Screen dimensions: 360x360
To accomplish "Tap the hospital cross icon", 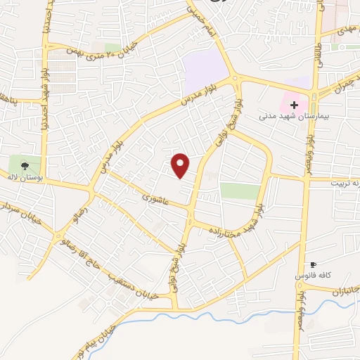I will tap(295, 105).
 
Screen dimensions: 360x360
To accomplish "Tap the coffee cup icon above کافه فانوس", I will tap(314, 266).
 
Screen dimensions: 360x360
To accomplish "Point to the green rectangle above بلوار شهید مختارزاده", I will tap(239, 191).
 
